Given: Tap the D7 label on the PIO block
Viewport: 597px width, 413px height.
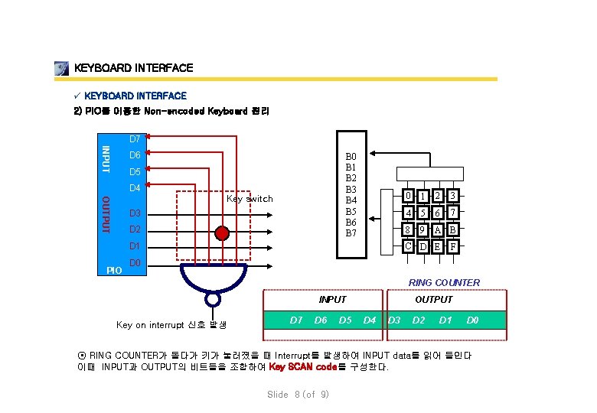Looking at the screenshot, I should (135, 139).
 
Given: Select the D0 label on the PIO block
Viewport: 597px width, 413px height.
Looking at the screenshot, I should (135, 263).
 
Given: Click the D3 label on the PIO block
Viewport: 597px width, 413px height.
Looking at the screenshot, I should (135, 213).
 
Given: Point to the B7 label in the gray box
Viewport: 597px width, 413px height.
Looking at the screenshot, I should (351, 233).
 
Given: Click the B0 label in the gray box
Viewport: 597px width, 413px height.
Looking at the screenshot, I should (351, 155).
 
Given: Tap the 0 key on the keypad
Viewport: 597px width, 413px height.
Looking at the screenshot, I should (410, 195).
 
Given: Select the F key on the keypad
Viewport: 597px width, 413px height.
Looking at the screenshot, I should (453, 247).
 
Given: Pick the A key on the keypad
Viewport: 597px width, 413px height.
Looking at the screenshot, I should (439, 229).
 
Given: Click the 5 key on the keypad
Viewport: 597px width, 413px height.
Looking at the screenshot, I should (425, 213).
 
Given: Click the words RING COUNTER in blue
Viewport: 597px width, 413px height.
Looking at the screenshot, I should (444, 283).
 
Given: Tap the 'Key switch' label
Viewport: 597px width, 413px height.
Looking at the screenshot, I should (250, 199).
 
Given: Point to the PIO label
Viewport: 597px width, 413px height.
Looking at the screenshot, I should (114, 271).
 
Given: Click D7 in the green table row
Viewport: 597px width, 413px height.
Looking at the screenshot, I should (295, 319).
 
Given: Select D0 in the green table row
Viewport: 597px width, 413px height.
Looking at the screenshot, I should (473, 319).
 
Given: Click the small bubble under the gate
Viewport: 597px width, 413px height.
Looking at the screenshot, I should (214, 300).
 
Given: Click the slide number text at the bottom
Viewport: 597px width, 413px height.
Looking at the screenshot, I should (298, 395).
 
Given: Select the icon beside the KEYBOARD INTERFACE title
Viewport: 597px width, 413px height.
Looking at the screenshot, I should (62, 69).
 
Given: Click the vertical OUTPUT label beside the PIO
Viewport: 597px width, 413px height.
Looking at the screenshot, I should (107, 215).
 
